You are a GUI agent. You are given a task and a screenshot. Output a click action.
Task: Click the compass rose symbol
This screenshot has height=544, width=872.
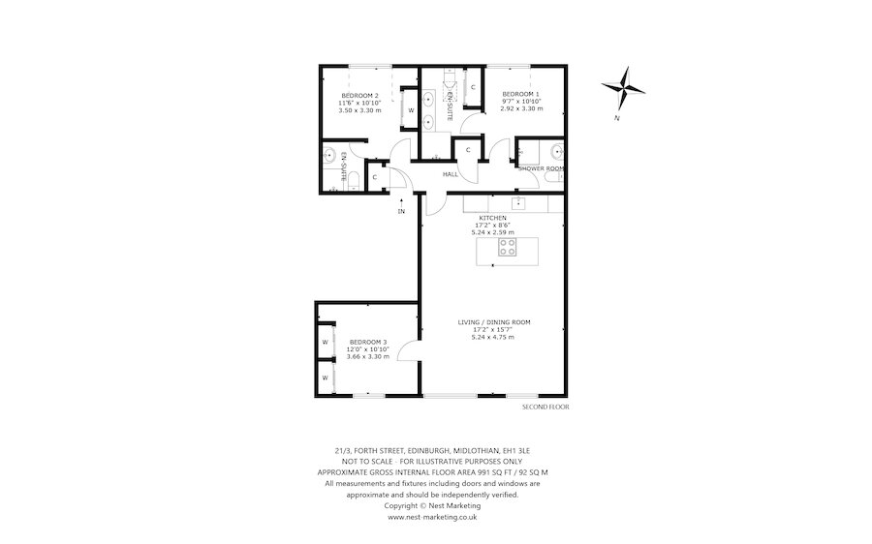tap(624, 88)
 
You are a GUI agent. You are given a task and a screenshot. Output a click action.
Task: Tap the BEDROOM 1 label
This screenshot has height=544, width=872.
tap(521, 93)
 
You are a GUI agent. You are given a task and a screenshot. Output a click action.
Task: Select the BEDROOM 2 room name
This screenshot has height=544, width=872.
tap(359, 94)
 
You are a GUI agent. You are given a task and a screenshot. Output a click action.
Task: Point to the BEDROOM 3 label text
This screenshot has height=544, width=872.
tap(369, 342)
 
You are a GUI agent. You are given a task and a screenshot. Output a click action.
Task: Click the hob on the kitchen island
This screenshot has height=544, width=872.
tap(507, 248)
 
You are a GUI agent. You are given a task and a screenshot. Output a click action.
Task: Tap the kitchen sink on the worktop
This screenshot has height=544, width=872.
tap(518, 203)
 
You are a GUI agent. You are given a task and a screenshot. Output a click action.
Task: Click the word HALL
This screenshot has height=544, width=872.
tap(451, 174)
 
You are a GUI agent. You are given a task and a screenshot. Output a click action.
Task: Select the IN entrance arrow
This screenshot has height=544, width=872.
tap(401, 205)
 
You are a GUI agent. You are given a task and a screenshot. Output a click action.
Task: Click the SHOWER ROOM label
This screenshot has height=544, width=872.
tap(541, 168)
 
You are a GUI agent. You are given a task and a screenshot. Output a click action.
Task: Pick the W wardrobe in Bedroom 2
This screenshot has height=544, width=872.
tap(411, 110)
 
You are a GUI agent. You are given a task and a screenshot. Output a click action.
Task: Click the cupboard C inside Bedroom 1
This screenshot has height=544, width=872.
tap(472, 88)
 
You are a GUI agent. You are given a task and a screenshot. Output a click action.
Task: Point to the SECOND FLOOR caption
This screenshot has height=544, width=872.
tap(545, 408)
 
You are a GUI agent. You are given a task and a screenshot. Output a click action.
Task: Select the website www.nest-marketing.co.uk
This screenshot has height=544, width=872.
tap(432, 517)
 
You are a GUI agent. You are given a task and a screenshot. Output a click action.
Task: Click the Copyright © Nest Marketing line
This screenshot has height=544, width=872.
tap(432, 505)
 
